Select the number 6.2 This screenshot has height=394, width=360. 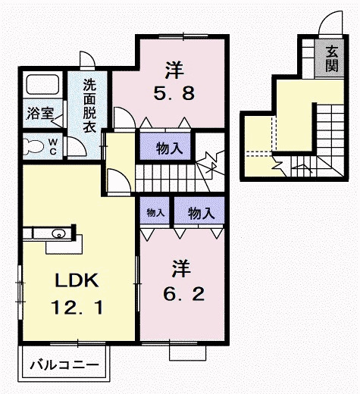pos(180,292)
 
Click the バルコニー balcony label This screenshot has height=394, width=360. pos(64,365)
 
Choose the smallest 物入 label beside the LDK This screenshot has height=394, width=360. pos(155,213)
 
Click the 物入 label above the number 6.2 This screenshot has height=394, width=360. pos(199,213)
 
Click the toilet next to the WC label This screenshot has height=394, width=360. pos(34,145)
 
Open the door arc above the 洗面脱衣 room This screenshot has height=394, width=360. pos(88,61)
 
